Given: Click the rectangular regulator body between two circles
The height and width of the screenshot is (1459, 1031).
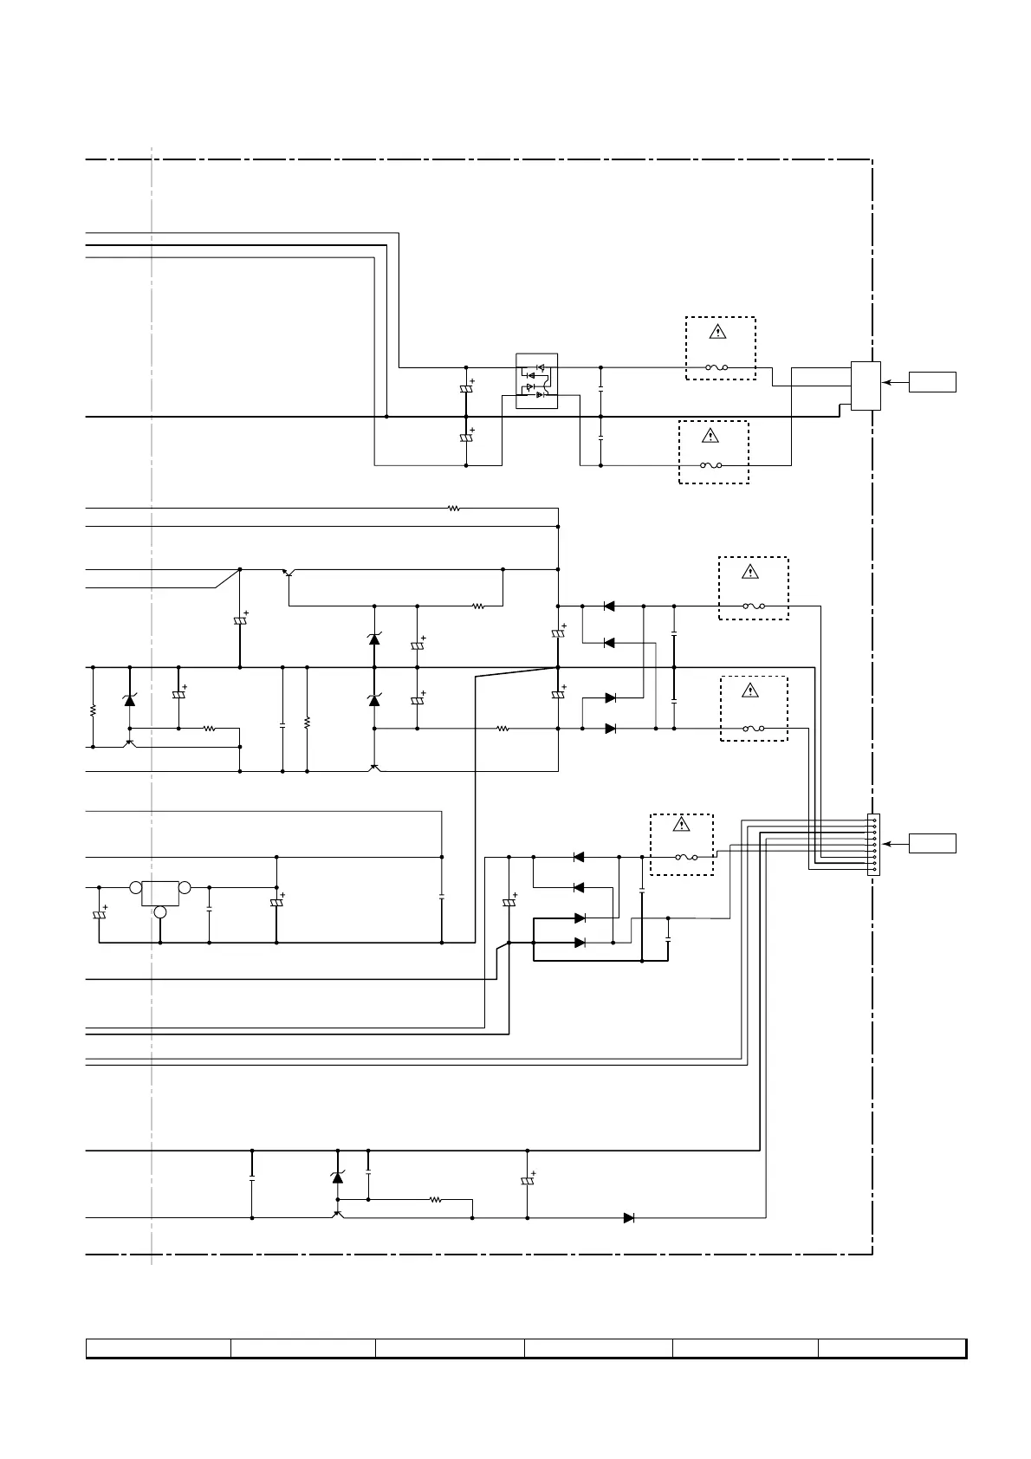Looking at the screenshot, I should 159,893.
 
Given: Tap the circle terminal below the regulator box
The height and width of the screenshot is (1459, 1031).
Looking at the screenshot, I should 160,912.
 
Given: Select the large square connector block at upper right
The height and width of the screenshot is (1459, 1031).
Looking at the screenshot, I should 866,386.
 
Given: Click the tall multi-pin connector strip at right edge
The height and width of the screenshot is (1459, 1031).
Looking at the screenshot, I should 873,845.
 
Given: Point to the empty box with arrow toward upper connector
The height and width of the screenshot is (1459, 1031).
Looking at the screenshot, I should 932,381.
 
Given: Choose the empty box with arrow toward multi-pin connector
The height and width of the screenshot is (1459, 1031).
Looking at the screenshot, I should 932,843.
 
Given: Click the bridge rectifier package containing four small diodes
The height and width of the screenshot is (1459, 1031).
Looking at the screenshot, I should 536,381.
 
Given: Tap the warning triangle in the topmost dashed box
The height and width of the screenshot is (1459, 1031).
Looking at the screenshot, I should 718,332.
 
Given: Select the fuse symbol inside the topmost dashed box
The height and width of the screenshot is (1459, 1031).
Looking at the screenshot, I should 717,367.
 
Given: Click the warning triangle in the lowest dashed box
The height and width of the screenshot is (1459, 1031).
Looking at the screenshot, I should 682,825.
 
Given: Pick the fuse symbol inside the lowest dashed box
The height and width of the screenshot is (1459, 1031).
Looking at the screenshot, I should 687,858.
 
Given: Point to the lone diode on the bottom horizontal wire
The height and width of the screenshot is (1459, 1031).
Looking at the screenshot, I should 629,1218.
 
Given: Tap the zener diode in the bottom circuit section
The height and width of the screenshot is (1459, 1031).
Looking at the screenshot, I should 337,1177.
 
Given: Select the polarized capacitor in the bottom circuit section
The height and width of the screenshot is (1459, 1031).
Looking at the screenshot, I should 527,1182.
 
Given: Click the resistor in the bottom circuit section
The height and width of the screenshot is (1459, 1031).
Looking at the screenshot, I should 436,1200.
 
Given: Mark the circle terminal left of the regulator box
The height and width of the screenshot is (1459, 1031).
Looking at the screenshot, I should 135,888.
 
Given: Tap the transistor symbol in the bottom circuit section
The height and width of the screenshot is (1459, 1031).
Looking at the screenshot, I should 338,1214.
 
